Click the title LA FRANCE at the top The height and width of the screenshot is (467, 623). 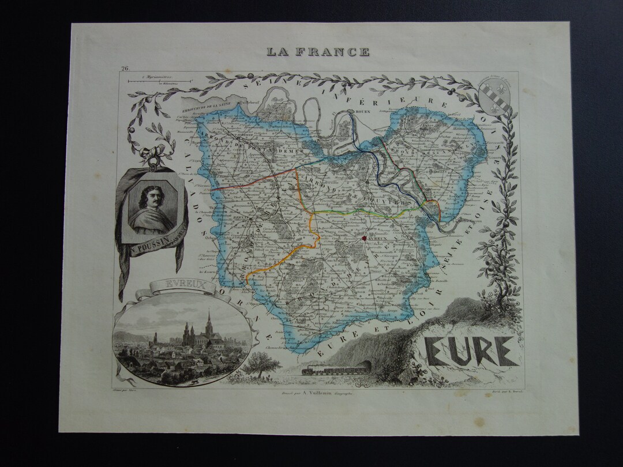pyautogui.click(x=318, y=52)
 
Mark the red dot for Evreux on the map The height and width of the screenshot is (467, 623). pyautogui.click(x=365, y=238)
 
